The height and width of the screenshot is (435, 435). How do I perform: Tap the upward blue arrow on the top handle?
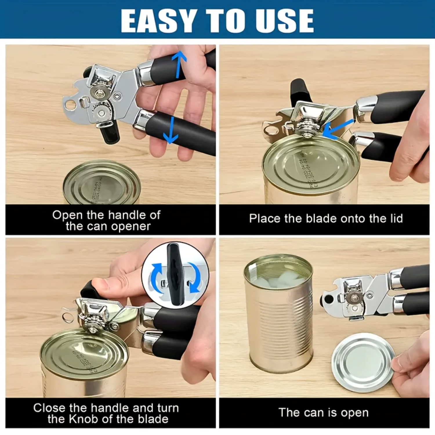coord(179,64)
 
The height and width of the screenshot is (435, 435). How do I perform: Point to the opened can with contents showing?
coord(278,313)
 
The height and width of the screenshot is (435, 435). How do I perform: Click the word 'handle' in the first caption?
coord(126,215)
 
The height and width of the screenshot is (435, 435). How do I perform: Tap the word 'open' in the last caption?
coord(354,413)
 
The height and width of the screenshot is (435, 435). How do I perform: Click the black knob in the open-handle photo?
coord(110,133)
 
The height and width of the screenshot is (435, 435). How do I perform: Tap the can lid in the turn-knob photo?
coord(84,354)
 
